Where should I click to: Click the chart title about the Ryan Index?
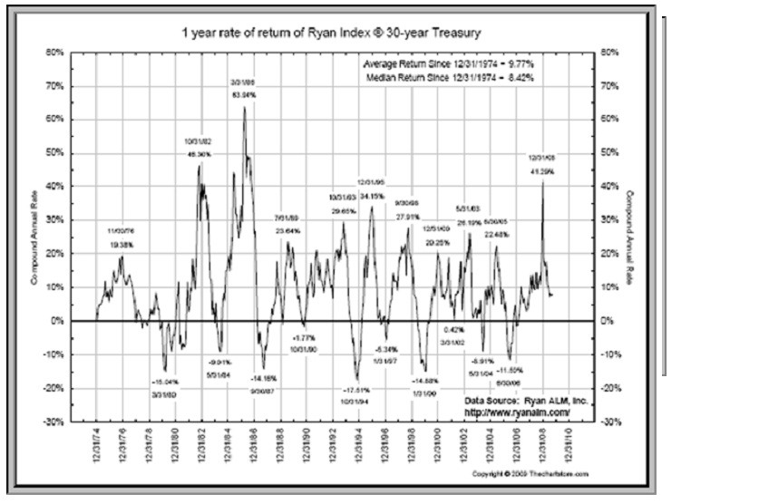[328, 34]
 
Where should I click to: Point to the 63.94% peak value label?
[243, 95]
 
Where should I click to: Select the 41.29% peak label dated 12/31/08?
[542, 170]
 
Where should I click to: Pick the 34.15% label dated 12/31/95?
[373, 195]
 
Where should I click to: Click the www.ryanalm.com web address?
[517, 411]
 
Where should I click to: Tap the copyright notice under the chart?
[531, 474]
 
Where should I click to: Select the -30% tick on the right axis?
[610, 422]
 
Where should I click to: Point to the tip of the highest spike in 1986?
[244, 107]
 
